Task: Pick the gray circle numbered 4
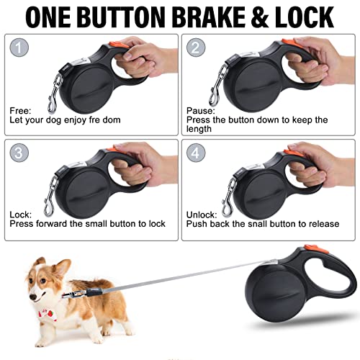[x=195, y=153]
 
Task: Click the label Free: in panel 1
[x=21, y=110]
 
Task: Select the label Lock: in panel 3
[x=21, y=215]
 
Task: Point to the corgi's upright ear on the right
[x=63, y=267]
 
